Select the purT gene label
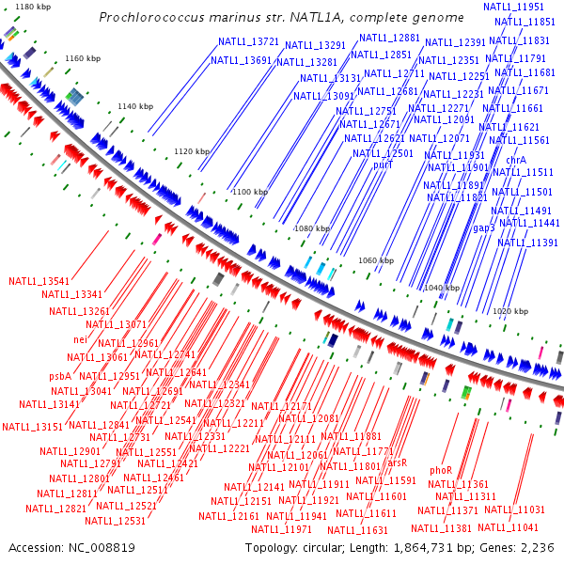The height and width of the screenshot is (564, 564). tap(383, 164)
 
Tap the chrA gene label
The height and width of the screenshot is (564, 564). tap(515, 160)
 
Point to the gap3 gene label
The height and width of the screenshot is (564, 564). tap(483, 227)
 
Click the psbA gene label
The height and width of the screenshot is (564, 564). tap(60, 376)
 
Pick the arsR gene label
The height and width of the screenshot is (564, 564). tap(397, 462)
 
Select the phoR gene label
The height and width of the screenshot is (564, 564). tap(441, 469)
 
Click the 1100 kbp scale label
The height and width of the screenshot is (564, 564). tap(250, 192)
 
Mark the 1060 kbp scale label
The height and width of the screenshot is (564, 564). tap(376, 260)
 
